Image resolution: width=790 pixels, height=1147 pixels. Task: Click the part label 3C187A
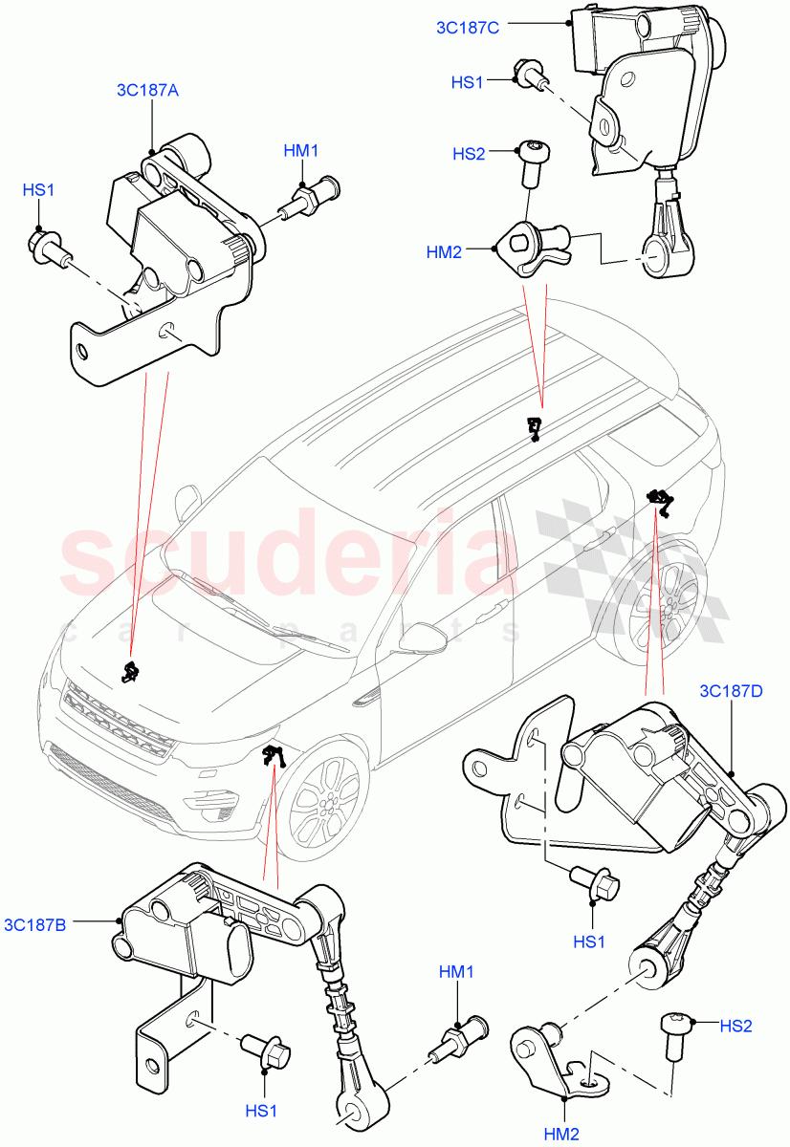147,91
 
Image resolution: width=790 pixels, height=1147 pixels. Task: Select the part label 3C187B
34,924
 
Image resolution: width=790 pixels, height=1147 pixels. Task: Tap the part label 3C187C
468,28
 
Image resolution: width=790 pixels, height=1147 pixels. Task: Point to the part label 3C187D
732,690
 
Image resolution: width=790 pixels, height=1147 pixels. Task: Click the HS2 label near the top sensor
468,154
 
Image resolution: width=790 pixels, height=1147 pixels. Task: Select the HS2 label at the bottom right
735,1026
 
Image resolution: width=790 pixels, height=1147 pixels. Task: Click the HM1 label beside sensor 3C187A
300,151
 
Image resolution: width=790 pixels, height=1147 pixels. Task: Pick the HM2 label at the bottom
563,1134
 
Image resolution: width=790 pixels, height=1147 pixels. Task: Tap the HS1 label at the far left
37,191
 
